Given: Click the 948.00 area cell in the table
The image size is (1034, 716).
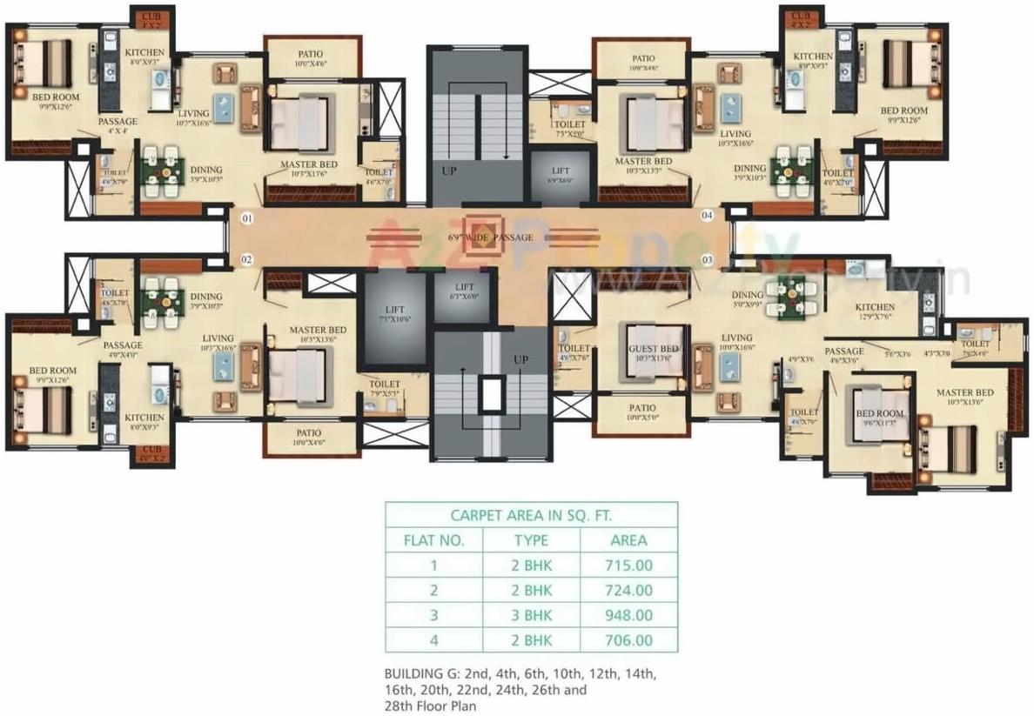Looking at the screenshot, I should point(628,615).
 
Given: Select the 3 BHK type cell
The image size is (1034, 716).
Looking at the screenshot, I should point(531,615).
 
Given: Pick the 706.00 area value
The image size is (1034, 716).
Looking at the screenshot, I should point(628,640).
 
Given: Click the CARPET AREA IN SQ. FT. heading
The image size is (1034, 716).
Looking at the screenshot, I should point(531,515).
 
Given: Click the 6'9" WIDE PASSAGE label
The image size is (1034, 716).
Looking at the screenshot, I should point(490,237).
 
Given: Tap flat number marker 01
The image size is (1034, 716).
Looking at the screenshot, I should point(246,219).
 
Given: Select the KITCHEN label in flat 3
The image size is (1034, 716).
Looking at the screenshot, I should point(874,307).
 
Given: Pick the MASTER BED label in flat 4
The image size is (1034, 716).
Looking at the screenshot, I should point(643,162).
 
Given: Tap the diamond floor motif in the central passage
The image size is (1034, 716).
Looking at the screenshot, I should point(480,236).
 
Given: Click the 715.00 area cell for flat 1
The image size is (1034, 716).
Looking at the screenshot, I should point(628,565).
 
